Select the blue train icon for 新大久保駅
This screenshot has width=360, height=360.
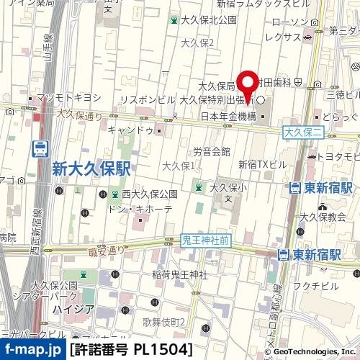coord(40,150)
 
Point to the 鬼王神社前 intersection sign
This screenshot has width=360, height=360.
coord(206,242)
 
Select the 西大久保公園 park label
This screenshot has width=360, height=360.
coord(149,194)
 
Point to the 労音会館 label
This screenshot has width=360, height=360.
coord(212,151)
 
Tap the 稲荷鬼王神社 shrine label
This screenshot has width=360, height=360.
coord(181,274)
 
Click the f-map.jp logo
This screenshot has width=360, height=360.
coord(32,350)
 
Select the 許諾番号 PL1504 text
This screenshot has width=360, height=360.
coord(131,350)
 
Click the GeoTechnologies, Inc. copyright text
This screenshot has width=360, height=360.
coord(310,351)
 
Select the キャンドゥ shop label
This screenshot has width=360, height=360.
coord(130,130)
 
